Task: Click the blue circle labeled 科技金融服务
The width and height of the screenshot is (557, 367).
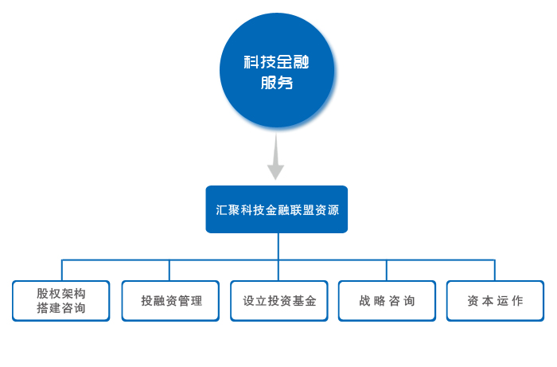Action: pyautogui.click(x=277, y=70)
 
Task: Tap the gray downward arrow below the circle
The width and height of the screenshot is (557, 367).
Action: pyautogui.click(x=275, y=156)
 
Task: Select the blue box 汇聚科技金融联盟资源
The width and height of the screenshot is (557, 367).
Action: pyautogui.click(x=277, y=209)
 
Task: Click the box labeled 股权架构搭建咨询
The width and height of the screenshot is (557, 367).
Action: pyautogui.click(x=61, y=301)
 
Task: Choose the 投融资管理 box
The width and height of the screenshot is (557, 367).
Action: pyautogui.click(x=170, y=301)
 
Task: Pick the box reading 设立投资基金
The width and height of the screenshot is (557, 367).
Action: pyautogui.click(x=279, y=301)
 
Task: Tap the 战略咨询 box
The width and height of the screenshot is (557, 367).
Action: pyautogui.click(x=388, y=301)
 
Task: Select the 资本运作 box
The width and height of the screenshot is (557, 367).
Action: pyautogui.click(x=495, y=301)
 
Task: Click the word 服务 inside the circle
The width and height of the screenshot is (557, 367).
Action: pyautogui.click(x=277, y=83)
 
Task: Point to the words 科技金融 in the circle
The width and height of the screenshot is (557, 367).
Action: pyautogui.click(x=276, y=62)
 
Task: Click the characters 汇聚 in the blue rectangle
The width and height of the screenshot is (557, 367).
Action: pyautogui.click(x=228, y=209)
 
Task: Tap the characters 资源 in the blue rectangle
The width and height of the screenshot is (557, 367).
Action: pyautogui.click(x=327, y=209)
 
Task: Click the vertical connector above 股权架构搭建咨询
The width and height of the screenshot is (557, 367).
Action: pyautogui.click(x=62, y=271)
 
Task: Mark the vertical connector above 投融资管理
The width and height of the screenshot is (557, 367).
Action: pyautogui.click(x=169, y=271)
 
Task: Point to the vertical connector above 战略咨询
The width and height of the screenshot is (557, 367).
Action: pyautogui.click(x=387, y=271)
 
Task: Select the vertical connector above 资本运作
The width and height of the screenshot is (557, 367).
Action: pyautogui.click(x=495, y=271)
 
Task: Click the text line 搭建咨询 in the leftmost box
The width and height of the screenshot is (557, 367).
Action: pyautogui.click(x=61, y=308)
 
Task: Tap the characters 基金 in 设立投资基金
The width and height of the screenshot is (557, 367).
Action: pyautogui.click(x=304, y=301)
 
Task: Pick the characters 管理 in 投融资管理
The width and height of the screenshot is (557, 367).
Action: pyautogui.click(x=190, y=301)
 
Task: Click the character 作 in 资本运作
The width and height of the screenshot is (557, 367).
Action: pyautogui.click(x=517, y=301)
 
